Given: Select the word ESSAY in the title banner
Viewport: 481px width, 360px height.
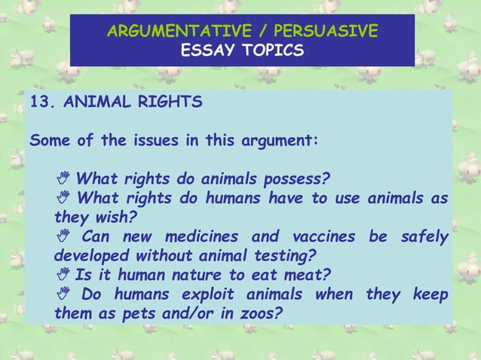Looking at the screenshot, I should [207, 51].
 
